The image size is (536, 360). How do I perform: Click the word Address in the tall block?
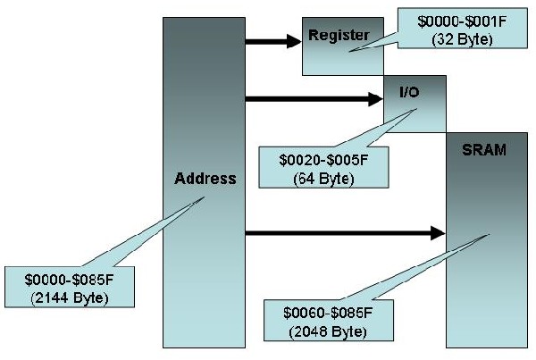click(205, 178)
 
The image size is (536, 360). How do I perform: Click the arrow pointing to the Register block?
click(272, 40)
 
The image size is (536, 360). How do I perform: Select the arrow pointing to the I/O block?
click(313, 98)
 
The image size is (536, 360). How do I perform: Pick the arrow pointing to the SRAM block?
click(344, 234)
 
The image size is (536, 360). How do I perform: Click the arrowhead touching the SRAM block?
click(438, 234)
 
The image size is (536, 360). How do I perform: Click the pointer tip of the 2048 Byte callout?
click(488, 237)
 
